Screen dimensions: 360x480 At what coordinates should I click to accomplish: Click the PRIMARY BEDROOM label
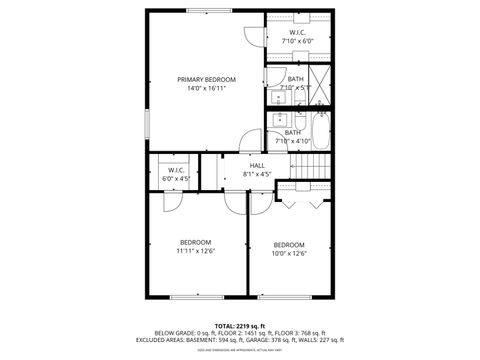[206, 79]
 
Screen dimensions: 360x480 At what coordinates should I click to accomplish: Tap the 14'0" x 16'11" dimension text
[206, 88]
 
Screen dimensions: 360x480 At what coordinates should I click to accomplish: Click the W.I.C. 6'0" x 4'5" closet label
[175, 175]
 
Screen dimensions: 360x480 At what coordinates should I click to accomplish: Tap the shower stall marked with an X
[321, 80]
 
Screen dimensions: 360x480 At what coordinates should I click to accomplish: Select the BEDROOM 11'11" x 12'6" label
[195, 246]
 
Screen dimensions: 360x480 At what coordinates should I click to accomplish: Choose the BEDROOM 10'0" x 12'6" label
[289, 249]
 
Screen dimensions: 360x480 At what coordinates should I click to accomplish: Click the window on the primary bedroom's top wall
[206, 11]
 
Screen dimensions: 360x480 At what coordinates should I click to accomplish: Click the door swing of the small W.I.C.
[172, 198]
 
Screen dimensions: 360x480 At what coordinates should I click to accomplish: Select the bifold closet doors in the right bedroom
[304, 201]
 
